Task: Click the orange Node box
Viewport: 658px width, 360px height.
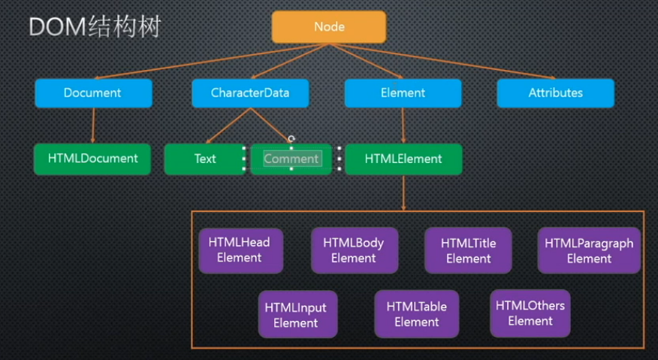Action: point(329,27)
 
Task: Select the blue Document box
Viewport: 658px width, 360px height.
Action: point(93,93)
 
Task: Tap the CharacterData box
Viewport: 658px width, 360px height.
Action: point(250,93)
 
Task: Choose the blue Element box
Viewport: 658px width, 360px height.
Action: point(403,93)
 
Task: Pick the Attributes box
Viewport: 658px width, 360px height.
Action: point(555,93)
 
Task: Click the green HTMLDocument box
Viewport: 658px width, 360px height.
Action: point(92,159)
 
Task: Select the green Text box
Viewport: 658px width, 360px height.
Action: point(205,159)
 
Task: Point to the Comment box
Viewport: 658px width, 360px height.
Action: point(291,159)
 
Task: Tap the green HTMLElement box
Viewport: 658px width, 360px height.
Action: point(403,159)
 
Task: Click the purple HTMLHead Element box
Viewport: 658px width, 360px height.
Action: point(240,250)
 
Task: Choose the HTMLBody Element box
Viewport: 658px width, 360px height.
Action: point(354,250)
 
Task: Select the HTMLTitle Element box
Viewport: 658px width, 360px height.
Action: point(469,250)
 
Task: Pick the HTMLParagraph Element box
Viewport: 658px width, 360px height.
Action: point(589,250)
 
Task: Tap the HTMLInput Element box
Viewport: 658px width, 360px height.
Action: point(296,315)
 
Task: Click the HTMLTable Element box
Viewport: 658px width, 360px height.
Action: point(416,314)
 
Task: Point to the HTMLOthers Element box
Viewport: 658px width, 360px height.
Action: point(530,313)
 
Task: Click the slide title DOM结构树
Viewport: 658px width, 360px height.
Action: point(95,27)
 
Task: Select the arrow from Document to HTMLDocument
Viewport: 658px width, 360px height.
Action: point(93,125)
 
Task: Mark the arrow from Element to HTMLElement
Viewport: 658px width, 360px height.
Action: point(404,125)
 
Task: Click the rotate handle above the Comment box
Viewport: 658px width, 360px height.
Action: point(291,138)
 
